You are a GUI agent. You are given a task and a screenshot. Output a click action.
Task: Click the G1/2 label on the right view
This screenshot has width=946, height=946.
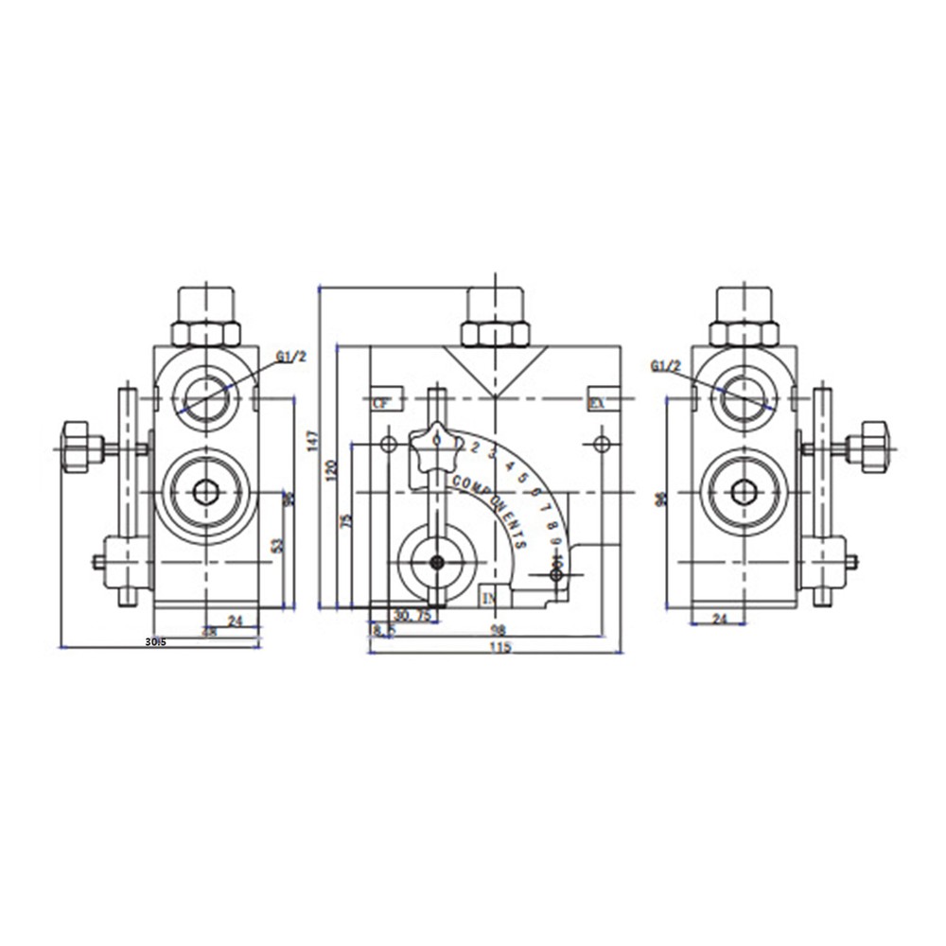tap(667, 365)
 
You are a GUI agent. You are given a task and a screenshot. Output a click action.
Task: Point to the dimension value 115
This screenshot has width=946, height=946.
tap(500, 648)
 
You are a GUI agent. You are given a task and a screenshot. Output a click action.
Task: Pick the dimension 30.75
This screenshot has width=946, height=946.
tap(412, 615)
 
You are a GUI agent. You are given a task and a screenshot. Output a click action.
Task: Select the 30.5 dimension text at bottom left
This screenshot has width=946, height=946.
tap(156, 641)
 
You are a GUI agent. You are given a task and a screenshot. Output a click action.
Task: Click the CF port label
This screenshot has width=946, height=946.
tap(381, 403)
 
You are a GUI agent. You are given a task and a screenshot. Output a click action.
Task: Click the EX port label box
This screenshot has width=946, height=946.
tap(597, 403)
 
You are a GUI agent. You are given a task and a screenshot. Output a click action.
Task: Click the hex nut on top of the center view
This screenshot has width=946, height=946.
tap(494, 333)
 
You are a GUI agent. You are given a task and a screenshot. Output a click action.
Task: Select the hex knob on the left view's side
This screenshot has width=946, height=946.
tap(79, 447)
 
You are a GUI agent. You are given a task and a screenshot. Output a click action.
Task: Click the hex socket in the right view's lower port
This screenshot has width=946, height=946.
tap(745, 492)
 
